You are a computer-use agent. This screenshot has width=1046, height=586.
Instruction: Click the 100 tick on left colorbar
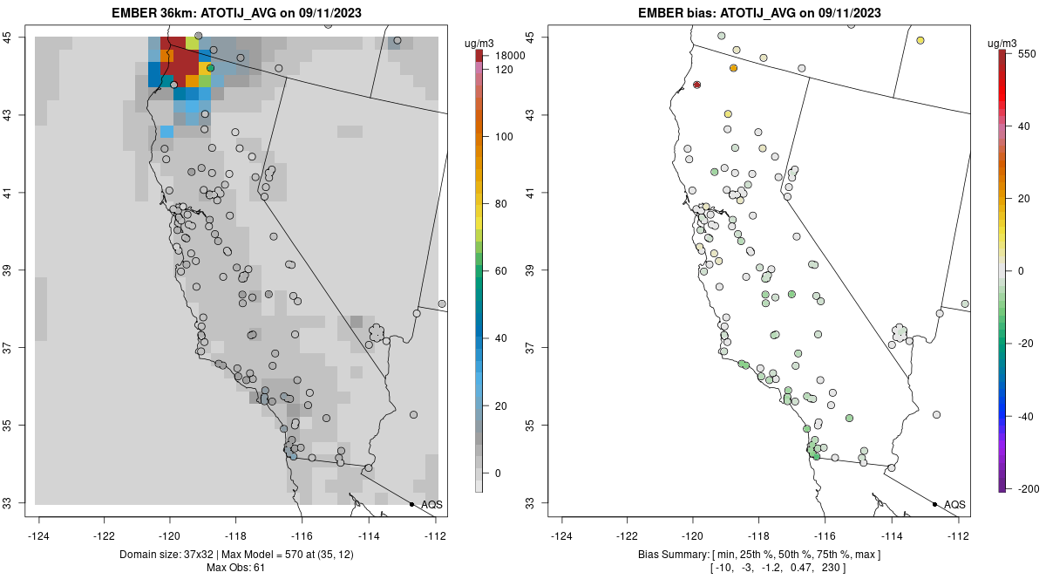click(504, 137)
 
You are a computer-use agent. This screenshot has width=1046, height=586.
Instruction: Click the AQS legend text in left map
click(431, 504)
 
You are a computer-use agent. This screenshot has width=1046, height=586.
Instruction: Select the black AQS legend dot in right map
click(934, 504)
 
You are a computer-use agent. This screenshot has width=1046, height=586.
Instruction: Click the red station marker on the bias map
click(696, 85)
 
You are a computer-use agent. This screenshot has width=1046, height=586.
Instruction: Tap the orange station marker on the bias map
click(733, 68)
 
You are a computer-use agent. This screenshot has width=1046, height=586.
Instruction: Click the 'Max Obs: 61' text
click(235, 569)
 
